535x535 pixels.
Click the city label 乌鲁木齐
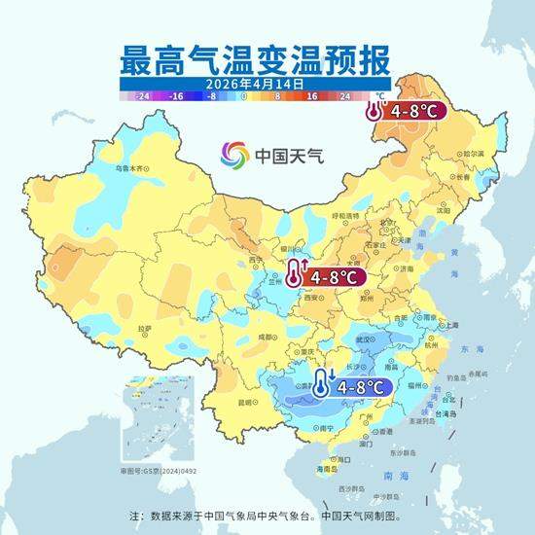(x=127, y=168)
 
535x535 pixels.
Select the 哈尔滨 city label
(x=473, y=154)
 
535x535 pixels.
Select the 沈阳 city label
(x=444, y=209)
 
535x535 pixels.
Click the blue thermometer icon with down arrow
(x=322, y=384)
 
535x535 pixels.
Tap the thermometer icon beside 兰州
(x=295, y=275)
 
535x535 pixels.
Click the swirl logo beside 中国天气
(x=233, y=155)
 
